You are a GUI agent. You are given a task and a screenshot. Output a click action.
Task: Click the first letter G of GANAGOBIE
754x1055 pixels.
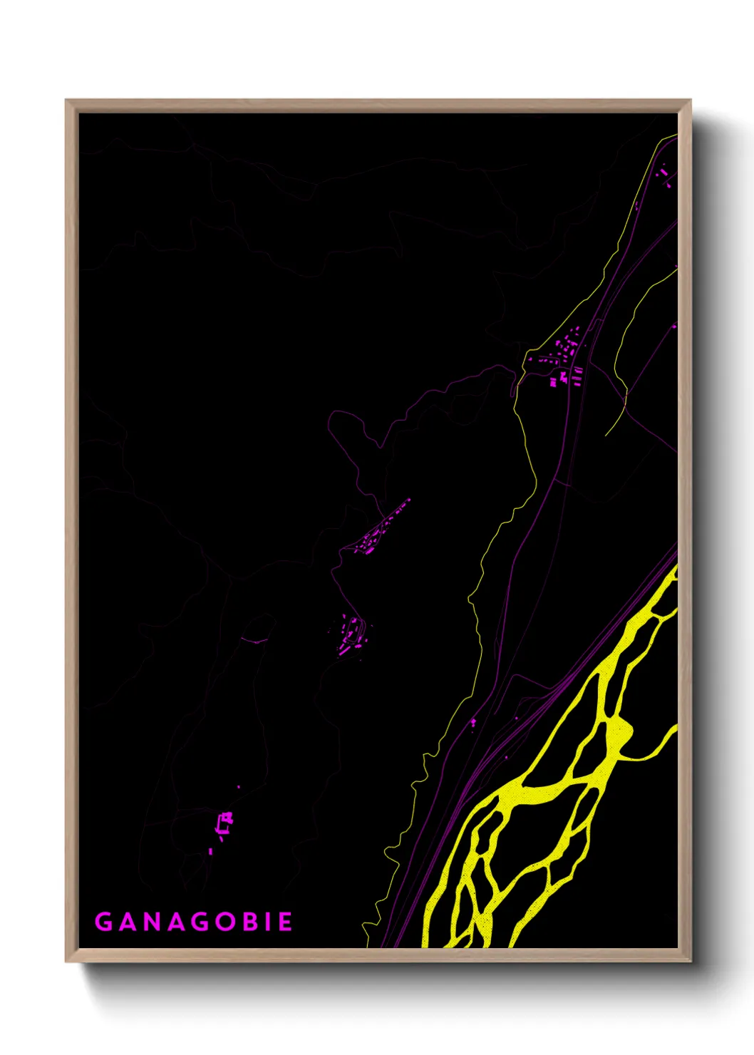click(x=103, y=922)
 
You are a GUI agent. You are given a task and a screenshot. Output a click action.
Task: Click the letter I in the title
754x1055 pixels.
click(x=267, y=922)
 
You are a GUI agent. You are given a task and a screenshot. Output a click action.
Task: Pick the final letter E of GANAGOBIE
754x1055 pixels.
click(x=284, y=922)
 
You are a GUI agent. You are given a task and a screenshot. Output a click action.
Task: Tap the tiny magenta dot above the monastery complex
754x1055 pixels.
click(x=238, y=787)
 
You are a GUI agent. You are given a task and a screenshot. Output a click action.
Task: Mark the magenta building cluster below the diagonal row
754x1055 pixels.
click(x=351, y=634)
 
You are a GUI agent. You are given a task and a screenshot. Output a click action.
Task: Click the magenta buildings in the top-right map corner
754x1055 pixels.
click(x=665, y=175)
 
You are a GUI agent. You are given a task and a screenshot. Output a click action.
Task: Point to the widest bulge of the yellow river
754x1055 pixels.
click(x=617, y=734)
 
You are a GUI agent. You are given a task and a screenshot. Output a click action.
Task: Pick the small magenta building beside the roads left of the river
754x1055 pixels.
click(x=472, y=724)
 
